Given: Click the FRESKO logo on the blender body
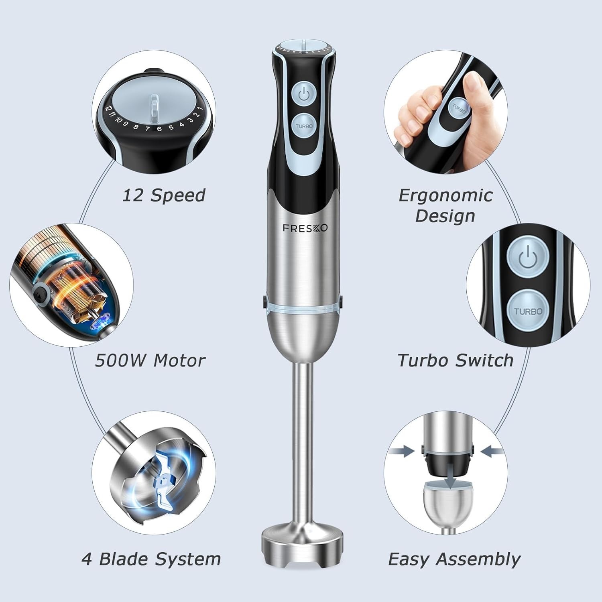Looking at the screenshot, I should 305,228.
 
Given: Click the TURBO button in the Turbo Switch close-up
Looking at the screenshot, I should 528,311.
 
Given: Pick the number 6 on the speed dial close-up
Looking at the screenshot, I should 159,129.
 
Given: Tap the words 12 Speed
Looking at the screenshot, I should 163,195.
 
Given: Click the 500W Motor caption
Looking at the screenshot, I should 150,360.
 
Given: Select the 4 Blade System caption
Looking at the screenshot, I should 151,559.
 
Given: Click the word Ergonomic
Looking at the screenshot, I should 445,195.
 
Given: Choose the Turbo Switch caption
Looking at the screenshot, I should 455,360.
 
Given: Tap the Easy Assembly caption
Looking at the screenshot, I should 454,559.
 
